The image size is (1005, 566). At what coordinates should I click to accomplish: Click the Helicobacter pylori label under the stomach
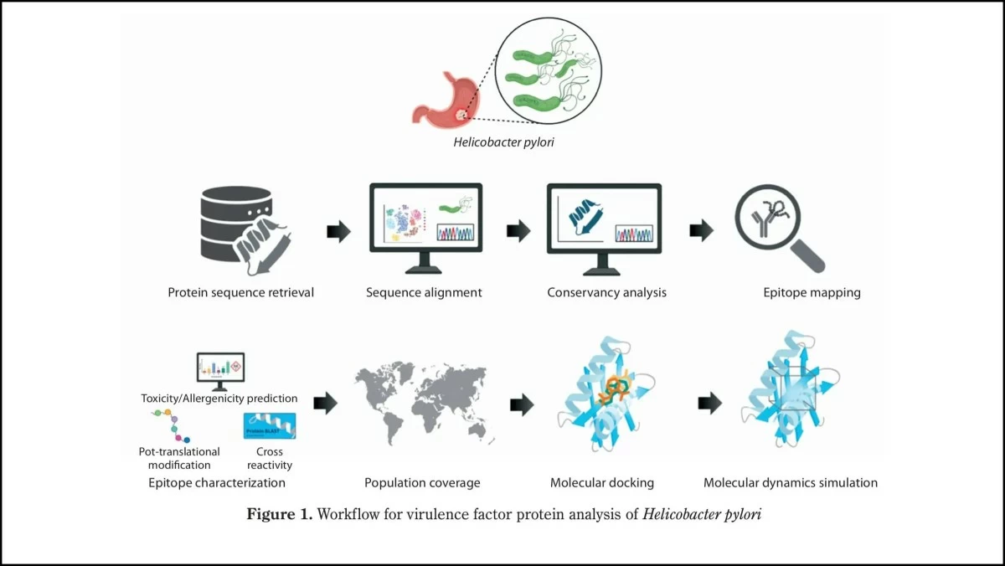503,142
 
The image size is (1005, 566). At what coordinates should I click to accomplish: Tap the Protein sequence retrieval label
241,293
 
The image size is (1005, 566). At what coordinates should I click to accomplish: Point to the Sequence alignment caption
424,293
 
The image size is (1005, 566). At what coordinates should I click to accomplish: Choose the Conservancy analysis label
607,293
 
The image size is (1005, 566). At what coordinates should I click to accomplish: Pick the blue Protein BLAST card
269,427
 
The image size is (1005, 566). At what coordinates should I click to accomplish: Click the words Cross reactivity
269,459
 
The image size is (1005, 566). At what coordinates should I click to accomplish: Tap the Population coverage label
422,483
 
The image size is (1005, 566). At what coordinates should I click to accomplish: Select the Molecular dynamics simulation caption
791,483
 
